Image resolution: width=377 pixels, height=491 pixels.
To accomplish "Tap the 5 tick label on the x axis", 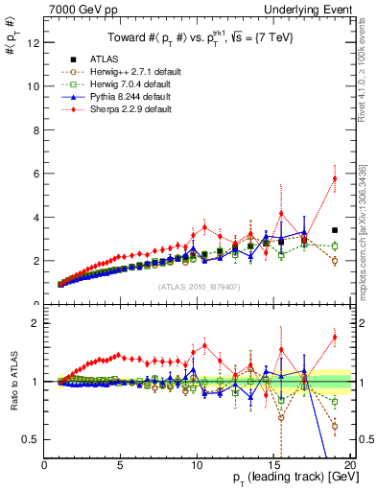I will coord(120,465).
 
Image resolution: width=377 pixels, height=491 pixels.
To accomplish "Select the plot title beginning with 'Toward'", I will coord(198,37).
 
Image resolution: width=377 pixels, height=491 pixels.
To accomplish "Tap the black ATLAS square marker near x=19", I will coord(334,230).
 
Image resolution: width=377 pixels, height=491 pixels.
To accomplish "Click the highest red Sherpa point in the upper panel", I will coord(334,178).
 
